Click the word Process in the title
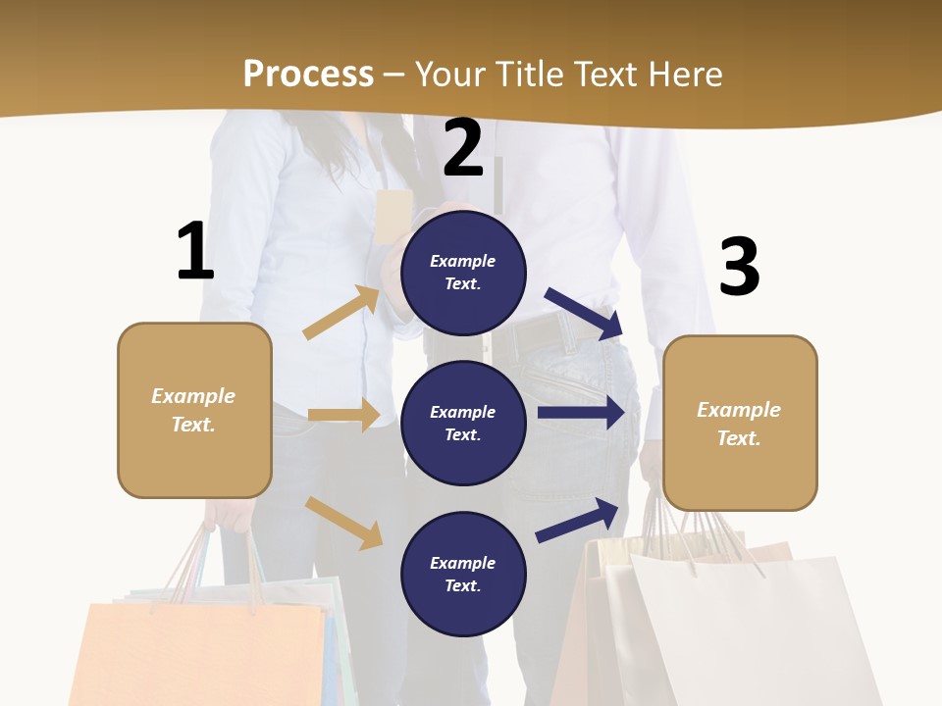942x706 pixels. (x=308, y=74)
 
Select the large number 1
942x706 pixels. (x=194, y=251)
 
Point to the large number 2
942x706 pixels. (x=463, y=147)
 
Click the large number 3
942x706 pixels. (x=739, y=267)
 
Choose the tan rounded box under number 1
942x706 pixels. (x=194, y=410)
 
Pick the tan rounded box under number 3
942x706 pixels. (x=740, y=424)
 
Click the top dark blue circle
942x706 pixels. (x=463, y=273)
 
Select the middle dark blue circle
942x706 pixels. (x=463, y=423)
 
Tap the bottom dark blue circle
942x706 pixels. (x=463, y=574)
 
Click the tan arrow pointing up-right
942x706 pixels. (x=341, y=313)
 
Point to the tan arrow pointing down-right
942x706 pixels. (x=343, y=522)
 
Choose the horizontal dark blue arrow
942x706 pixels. (x=581, y=413)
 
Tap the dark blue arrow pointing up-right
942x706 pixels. (x=578, y=520)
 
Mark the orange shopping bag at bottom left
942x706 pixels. (x=196, y=652)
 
